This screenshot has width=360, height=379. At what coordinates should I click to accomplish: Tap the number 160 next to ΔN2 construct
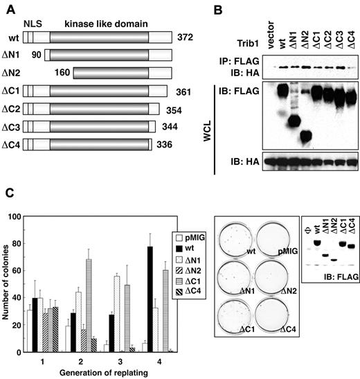click(x=63, y=72)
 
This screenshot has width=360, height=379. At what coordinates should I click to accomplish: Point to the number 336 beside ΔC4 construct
click(x=163, y=144)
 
